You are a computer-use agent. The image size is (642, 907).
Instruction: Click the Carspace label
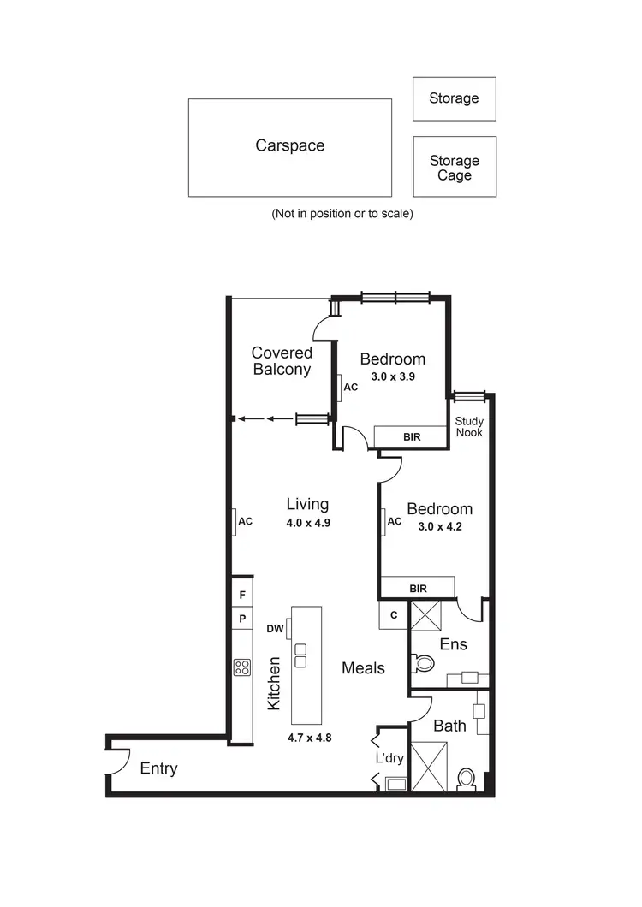click(290, 145)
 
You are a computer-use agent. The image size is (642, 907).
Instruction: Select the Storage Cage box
click(454, 167)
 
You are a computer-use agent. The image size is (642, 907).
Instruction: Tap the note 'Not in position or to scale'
click(342, 213)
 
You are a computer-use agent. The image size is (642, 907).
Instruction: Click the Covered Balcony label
click(282, 361)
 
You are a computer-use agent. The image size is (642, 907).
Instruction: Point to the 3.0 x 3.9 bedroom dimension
click(392, 376)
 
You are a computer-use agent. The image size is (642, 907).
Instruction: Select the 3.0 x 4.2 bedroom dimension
click(439, 526)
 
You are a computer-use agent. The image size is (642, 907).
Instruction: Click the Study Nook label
click(469, 426)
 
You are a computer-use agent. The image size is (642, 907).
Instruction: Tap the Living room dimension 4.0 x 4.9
click(307, 521)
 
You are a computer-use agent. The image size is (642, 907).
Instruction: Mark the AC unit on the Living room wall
click(234, 521)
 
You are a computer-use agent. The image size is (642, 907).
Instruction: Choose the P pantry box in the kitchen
click(242, 618)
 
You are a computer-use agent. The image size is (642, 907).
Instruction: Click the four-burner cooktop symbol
click(242, 667)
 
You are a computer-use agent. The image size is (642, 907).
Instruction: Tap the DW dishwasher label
click(276, 628)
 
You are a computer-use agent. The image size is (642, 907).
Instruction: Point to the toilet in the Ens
click(423, 663)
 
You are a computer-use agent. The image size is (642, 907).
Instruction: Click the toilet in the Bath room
click(467, 780)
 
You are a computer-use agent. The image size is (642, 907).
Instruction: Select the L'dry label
click(389, 758)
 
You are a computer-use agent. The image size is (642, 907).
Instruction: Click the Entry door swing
click(118, 760)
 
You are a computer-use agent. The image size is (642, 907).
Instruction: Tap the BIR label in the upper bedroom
click(412, 436)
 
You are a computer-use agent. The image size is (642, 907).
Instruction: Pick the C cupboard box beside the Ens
click(393, 614)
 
